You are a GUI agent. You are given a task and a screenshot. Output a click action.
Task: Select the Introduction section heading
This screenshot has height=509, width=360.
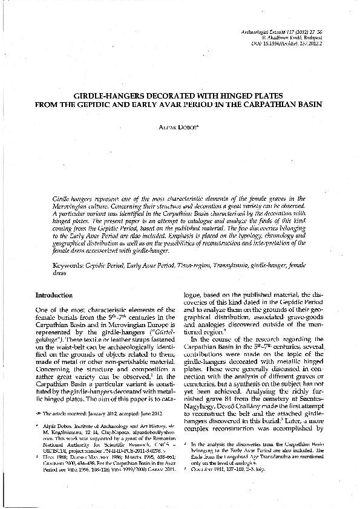[x=54, y=295]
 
